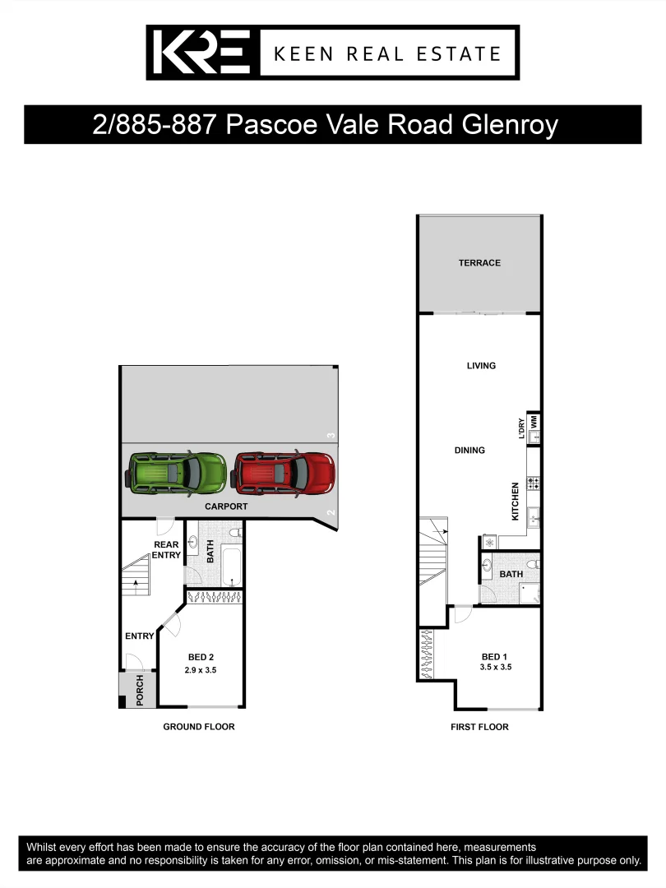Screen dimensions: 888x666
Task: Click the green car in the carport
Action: coord(176,474)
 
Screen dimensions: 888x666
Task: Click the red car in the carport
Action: coord(284,474)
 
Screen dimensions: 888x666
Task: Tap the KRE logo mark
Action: coord(201,53)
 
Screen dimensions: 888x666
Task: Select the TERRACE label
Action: coord(479,263)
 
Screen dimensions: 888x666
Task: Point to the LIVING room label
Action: coord(481,366)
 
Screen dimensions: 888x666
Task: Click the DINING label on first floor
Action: coord(469,451)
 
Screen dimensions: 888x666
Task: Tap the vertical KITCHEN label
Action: coord(516,501)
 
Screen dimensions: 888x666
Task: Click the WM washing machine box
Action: coord(534,420)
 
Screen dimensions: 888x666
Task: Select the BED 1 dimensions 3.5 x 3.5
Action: coord(497,668)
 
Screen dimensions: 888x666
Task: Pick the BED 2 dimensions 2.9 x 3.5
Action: coord(201,671)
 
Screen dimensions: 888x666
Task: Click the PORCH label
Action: coord(139,690)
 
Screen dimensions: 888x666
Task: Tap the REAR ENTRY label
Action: coord(166,550)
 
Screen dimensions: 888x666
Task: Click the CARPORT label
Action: coord(226,506)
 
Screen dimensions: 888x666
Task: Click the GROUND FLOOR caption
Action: coord(199,727)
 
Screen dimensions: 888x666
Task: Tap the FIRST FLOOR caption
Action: coord(479,727)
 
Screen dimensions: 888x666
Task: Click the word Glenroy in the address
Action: coord(510,125)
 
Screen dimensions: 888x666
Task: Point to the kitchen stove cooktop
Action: coord(533,484)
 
